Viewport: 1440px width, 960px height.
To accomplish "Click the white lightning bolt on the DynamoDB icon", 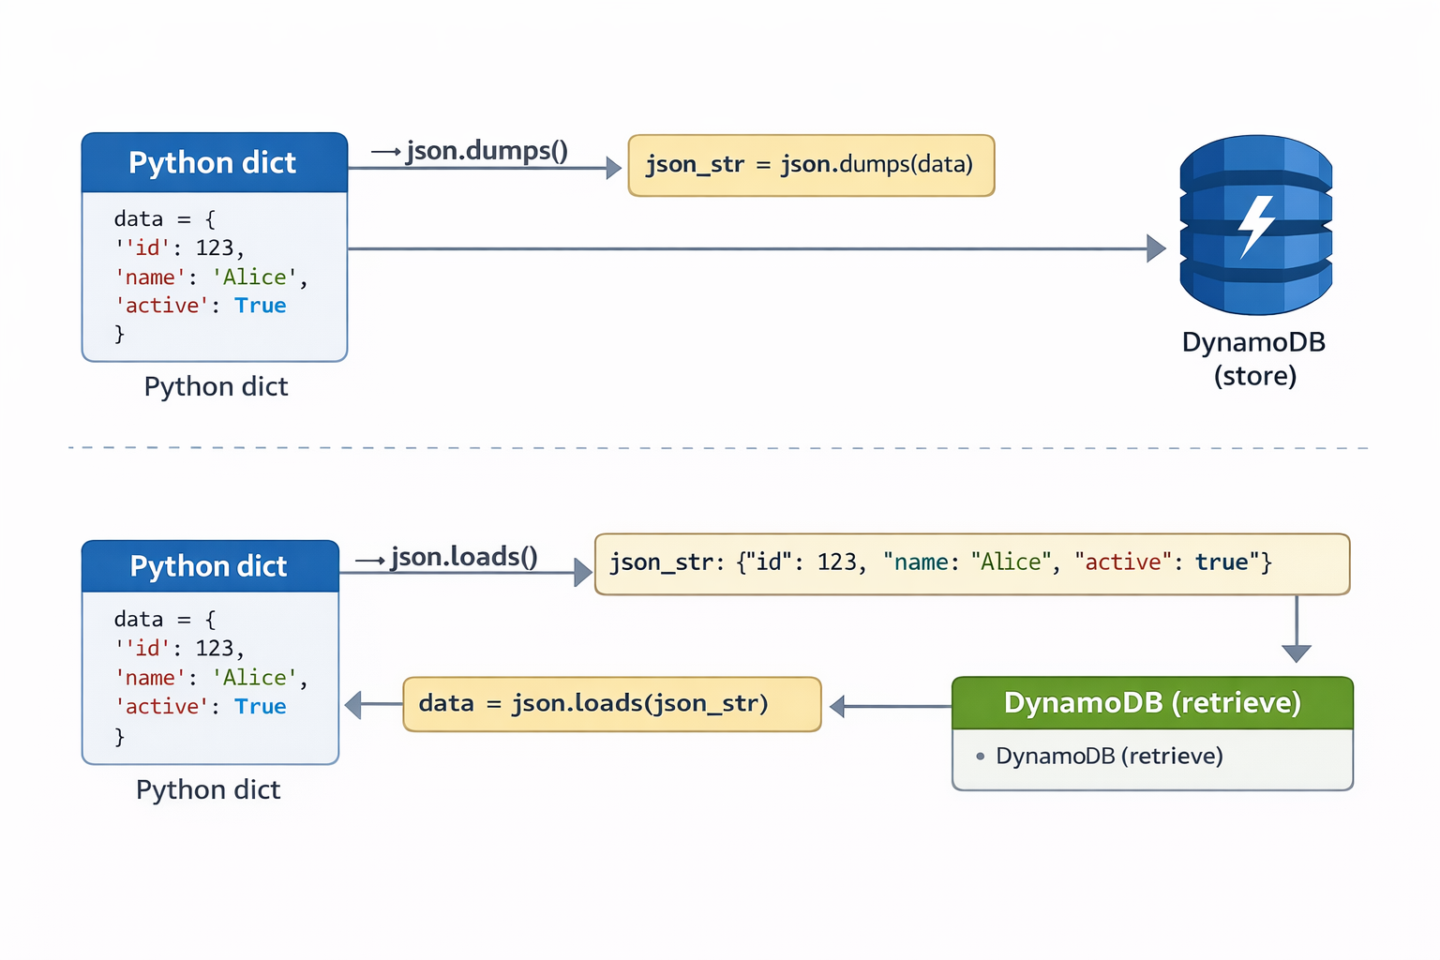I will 1255,225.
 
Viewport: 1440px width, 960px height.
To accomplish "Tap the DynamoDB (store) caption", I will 1254,359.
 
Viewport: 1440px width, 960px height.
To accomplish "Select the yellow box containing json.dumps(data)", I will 810,165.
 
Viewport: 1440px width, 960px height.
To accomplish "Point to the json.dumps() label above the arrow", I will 487,150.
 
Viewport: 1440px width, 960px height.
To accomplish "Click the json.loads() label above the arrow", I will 464,557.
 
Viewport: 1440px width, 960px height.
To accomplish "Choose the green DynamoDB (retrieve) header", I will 1152,702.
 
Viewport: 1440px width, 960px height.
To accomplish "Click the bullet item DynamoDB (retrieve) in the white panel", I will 1108,757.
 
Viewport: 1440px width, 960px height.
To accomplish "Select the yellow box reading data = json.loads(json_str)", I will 611,704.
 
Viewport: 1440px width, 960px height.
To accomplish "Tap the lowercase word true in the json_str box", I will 1222,562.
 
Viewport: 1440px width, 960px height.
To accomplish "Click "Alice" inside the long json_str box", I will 1010,562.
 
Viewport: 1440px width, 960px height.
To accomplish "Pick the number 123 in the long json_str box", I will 836,562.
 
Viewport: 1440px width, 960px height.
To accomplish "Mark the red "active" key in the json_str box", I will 1122,562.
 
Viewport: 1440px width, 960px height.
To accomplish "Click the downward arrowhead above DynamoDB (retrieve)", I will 1297,652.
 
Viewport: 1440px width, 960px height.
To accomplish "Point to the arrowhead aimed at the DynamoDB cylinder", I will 1156,248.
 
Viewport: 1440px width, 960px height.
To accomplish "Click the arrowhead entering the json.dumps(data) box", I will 613,168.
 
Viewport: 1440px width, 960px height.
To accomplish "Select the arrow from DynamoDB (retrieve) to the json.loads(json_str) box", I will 891,706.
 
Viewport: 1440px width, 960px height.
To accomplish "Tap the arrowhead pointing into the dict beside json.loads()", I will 354,704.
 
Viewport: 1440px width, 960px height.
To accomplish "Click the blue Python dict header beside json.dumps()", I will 214,163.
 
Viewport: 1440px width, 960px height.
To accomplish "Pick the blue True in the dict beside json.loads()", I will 260,707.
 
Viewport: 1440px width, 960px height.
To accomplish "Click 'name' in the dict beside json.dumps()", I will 150,277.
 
